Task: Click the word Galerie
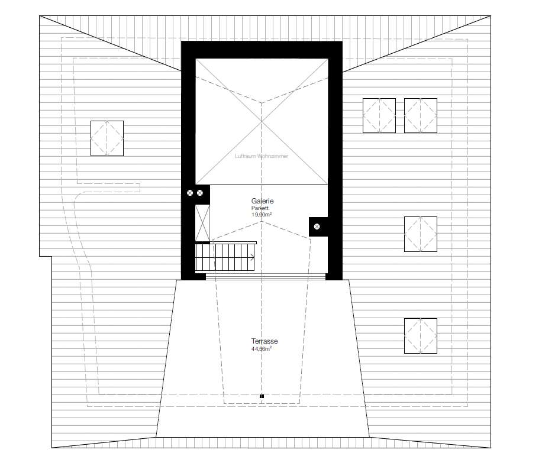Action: [x=262, y=201]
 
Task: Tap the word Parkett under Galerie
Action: [x=260, y=208]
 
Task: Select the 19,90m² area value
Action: [x=262, y=215]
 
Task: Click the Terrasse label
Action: [x=264, y=342]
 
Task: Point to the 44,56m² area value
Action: [x=262, y=349]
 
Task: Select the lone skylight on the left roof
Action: [x=107, y=138]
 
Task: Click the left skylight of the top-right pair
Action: [x=379, y=115]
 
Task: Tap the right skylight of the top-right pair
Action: [x=421, y=115]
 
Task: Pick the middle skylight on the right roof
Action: [x=421, y=234]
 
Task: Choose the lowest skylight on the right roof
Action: [x=421, y=336]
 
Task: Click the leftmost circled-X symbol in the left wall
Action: [x=190, y=192]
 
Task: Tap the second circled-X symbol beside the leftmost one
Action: [x=201, y=192]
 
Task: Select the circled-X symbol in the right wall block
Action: [x=317, y=227]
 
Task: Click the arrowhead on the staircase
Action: [x=253, y=257]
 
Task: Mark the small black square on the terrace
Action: [x=261, y=396]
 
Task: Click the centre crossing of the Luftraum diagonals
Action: [x=262, y=121]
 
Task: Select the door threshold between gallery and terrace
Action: [x=265, y=276]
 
